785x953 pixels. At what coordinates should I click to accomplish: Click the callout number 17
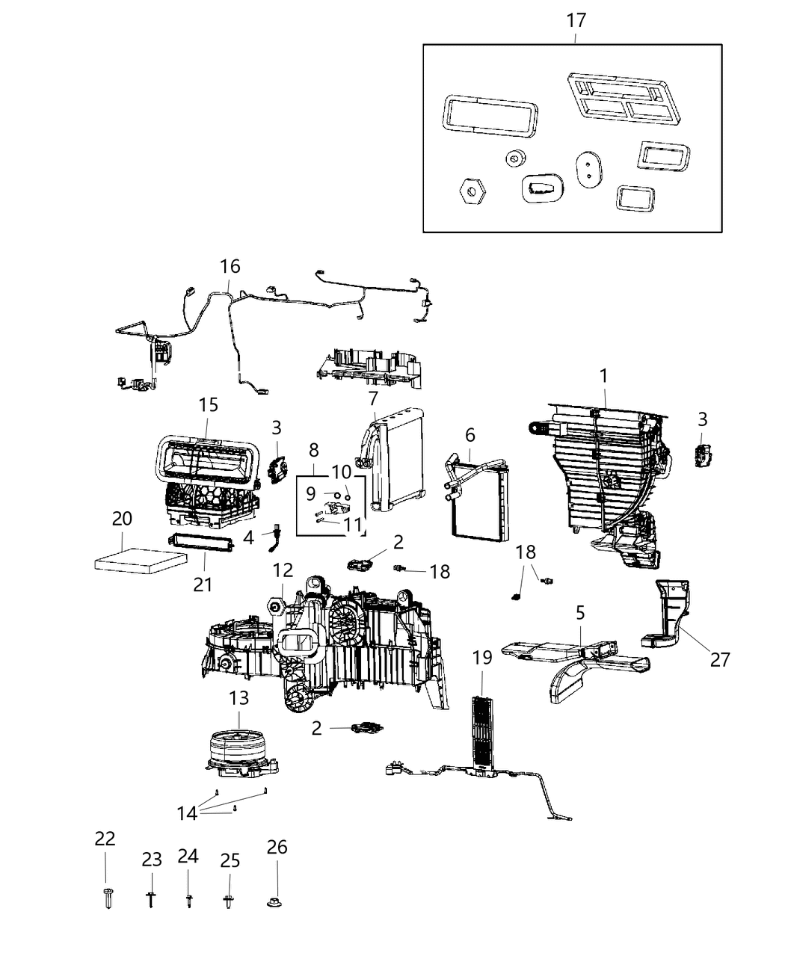575,20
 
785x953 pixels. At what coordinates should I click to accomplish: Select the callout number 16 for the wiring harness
230,266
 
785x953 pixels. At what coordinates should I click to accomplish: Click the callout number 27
719,659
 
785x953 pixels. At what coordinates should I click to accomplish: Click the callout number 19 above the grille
482,658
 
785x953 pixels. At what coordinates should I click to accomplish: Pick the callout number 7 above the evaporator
372,398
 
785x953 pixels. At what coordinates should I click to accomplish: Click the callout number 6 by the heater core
470,434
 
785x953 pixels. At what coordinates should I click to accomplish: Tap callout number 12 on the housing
283,570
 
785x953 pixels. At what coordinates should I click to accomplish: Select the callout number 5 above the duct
580,613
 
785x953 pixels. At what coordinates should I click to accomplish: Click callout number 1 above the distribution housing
603,375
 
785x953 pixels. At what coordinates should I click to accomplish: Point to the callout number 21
203,584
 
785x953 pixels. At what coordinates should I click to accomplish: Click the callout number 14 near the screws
186,812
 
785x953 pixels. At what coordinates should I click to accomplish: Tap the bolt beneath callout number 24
188,901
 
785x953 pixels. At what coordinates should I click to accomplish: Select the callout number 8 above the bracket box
313,449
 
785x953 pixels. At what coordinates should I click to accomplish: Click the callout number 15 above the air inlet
208,404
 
